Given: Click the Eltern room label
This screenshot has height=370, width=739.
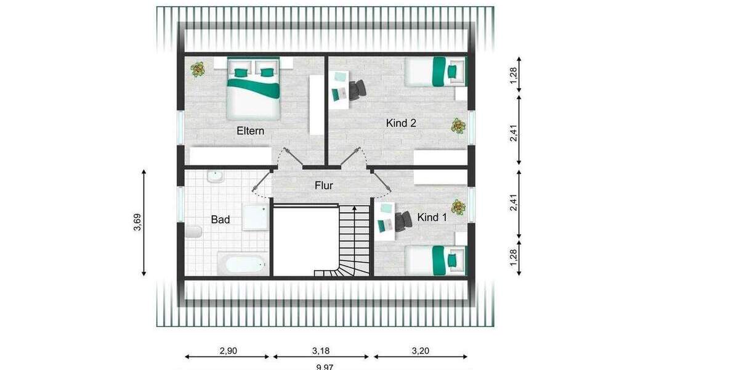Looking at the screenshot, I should [251, 131].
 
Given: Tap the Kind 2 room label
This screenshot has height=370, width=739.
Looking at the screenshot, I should [401, 123].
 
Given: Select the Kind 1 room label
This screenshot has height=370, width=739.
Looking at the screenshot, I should [432, 218].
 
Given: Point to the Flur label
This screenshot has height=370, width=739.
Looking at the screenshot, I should [324, 185].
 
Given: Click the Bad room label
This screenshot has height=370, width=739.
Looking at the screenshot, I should [220, 220].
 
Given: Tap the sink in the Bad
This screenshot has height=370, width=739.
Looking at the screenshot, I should [214, 177].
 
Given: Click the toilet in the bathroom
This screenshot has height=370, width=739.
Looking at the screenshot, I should [193, 232].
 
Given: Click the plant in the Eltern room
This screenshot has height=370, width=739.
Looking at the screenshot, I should [198, 69].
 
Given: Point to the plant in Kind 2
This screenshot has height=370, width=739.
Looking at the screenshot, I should [458, 126].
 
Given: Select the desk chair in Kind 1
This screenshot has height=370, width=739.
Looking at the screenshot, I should [403, 221].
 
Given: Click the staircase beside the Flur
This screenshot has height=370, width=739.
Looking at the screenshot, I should [352, 240].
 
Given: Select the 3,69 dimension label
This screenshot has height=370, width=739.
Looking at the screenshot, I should [137, 223].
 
